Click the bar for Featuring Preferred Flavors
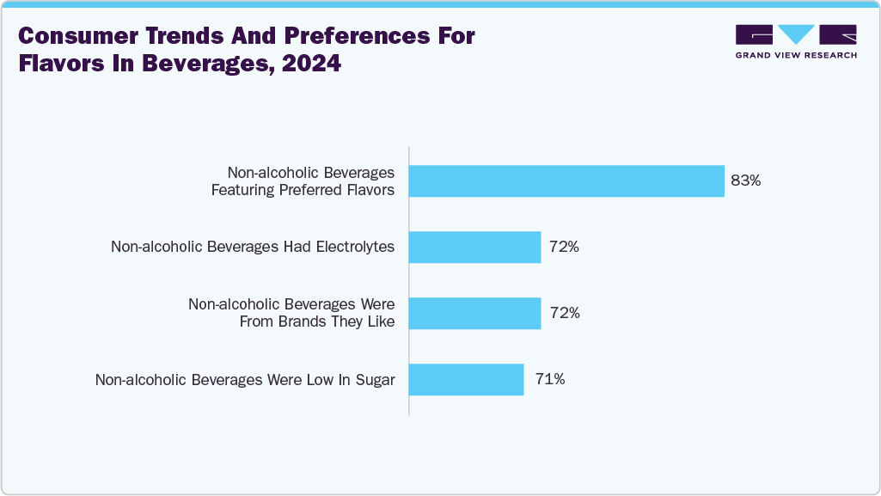coord(566,181)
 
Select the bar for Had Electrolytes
coord(474,247)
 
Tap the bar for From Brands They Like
coord(474,313)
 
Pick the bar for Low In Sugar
coord(466,379)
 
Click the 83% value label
coord(745,181)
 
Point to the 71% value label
coord(549,379)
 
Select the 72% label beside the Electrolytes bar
coord(565,247)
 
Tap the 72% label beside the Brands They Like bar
coord(565,313)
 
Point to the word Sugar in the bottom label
coord(376,380)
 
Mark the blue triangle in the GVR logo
coord(796,34)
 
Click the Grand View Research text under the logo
coord(796,55)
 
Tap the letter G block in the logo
coord(754,34)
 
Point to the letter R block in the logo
coord(838,34)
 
